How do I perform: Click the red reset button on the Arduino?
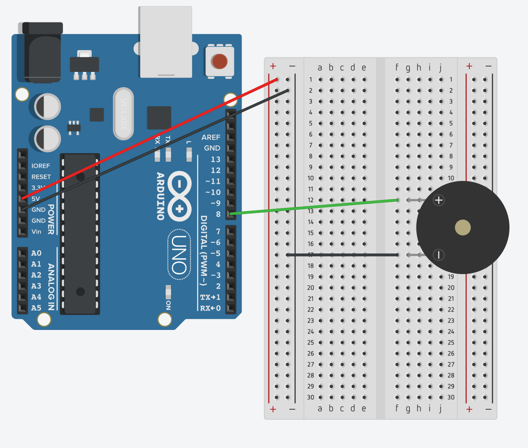[x=219, y=61]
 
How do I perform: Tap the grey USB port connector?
[x=165, y=42]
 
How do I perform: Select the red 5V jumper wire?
[x=150, y=138]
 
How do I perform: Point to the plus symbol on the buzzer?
[x=439, y=200]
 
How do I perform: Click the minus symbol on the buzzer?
[x=439, y=255]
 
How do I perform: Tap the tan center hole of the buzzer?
[x=463, y=228]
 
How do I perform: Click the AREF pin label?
[x=211, y=137]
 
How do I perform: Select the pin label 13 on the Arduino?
[x=215, y=159]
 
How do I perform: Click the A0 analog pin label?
[x=36, y=253]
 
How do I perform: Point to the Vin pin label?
[x=36, y=232]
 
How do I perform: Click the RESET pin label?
[x=41, y=177]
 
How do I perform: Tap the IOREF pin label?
[x=41, y=166]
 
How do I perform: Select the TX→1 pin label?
[x=210, y=297]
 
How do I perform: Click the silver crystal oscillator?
[x=123, y=113]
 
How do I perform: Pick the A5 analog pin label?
[x=36, y=308]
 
